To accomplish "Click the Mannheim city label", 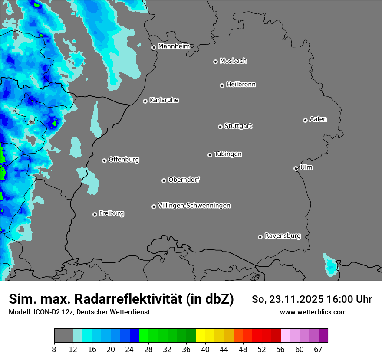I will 174,46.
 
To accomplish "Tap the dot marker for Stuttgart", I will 220,127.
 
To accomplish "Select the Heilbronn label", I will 241,84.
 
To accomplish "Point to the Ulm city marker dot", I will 296,168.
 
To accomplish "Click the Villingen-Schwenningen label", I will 194,205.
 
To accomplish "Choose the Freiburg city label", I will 111,213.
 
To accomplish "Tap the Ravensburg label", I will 282,236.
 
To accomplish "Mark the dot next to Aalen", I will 305,120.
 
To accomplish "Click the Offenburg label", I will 124,159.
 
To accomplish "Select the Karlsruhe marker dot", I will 145,101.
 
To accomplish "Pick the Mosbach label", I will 233,61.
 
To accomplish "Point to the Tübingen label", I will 228,154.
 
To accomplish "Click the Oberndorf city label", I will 184,179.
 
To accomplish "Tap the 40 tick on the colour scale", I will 205,350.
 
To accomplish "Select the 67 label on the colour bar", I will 319,350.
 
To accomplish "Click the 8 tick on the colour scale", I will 54,350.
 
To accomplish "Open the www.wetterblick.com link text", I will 313,312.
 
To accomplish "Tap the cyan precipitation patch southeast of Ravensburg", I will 330,265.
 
